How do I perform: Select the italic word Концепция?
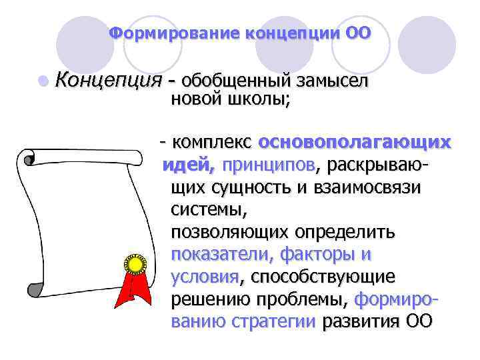coord(109,81)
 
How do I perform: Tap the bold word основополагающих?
coord(354,142)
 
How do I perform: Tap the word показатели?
coord(222,255)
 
